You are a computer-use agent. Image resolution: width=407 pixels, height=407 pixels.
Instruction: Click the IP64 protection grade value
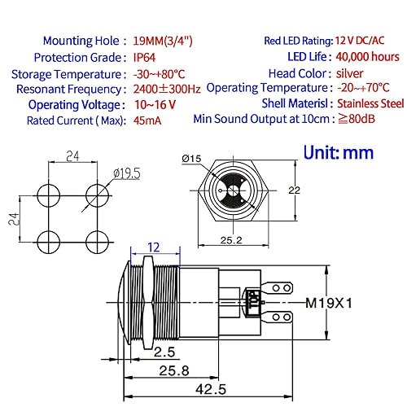144,58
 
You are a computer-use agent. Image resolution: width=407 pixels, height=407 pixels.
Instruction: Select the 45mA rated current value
147,120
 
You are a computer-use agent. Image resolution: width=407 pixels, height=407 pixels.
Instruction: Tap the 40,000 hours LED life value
368,57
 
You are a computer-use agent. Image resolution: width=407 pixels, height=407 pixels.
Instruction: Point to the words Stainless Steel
370,103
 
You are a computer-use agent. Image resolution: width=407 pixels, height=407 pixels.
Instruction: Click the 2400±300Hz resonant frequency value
167,89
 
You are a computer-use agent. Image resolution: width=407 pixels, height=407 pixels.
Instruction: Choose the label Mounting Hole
81,41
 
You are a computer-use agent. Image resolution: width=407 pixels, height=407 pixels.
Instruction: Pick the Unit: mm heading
339,152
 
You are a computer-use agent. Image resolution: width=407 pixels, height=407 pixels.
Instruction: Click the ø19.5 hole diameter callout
127,173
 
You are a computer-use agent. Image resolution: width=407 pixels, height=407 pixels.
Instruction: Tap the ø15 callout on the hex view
191,159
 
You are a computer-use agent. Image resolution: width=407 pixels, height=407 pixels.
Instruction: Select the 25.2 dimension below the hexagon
231,240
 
